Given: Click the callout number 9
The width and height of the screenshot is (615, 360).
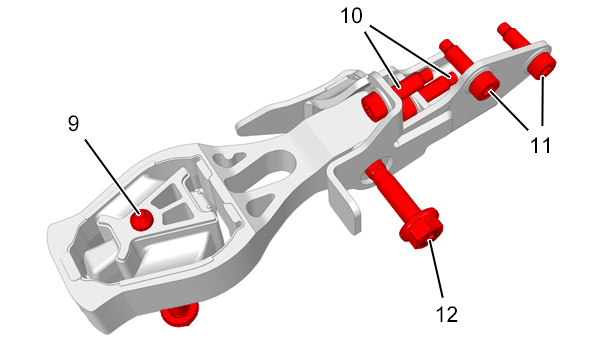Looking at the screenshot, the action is tap(73, 123).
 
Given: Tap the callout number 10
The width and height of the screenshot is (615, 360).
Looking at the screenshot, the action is tap(351, 16).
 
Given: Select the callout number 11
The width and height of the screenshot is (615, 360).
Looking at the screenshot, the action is tap(540, 145).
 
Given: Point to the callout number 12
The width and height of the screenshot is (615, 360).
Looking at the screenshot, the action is tap(447, 314).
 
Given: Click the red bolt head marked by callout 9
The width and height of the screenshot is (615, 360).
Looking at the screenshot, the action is tap(141, 220).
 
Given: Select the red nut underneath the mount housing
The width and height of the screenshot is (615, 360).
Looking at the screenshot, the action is tap(180, 313).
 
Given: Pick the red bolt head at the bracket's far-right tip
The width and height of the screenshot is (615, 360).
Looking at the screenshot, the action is tap(541, 65).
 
